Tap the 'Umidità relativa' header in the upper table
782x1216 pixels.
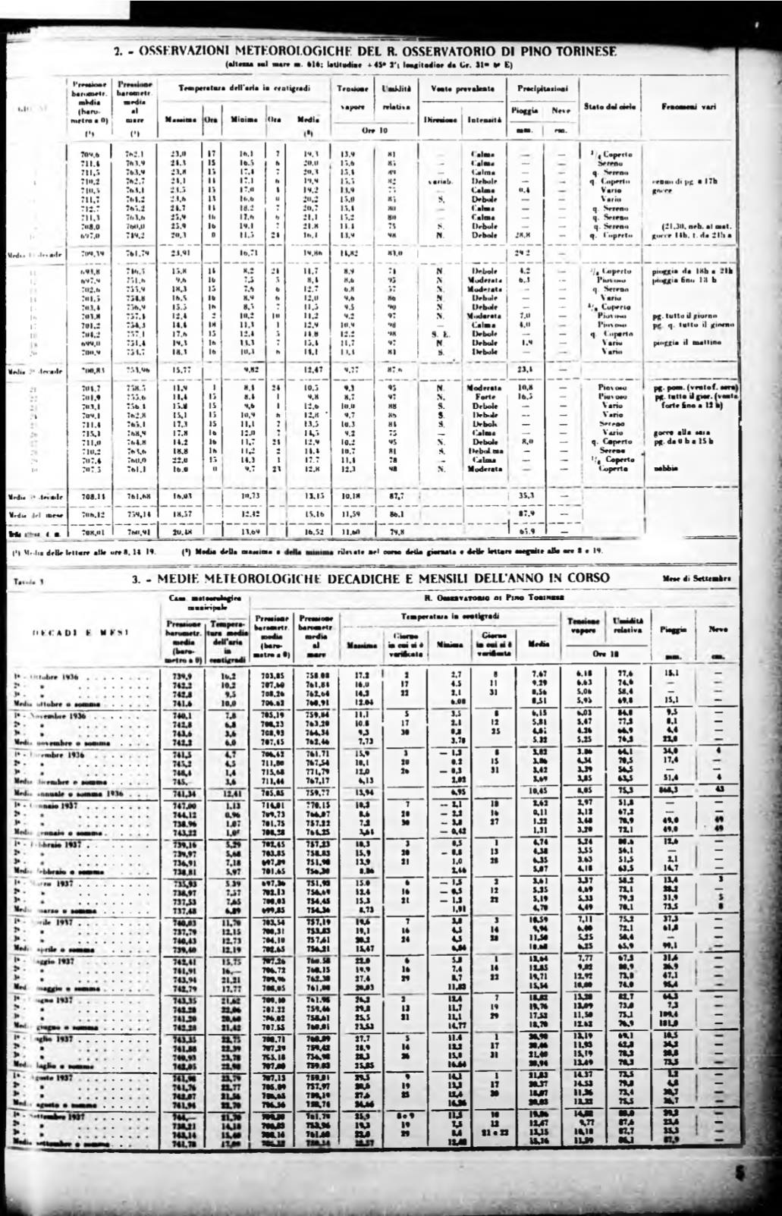point(395,96)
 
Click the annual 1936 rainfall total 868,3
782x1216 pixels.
point(669,790)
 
